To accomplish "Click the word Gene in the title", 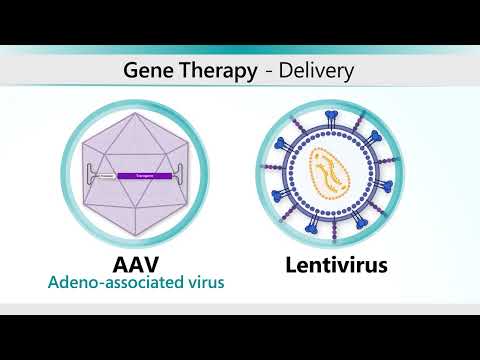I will (146, 71).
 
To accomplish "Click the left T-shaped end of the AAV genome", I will (91, 175).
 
